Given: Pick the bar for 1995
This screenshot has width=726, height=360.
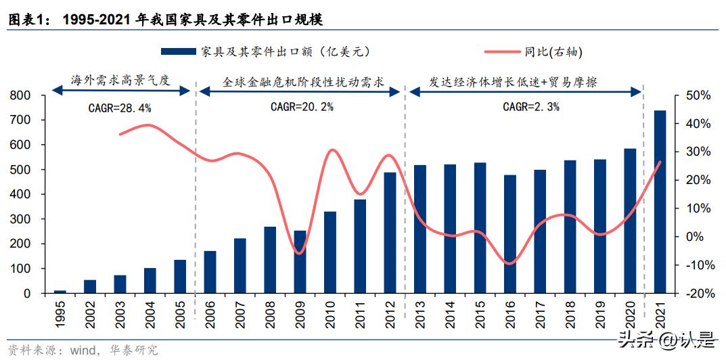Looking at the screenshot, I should [60, 292].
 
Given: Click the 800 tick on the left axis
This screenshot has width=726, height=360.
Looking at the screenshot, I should [21, 95].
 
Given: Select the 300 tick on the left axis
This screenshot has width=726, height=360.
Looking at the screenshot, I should [21, 219].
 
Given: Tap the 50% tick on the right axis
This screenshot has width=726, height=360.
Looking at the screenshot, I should [698, 95].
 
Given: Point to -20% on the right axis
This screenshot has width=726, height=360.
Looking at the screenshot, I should [698, 294].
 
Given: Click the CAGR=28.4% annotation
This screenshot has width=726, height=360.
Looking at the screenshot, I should [120, 108].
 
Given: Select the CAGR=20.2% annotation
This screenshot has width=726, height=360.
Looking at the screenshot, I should [302, 107].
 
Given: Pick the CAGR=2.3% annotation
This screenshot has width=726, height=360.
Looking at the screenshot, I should [530, 107].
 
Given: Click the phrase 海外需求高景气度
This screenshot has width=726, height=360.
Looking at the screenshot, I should [120, 80].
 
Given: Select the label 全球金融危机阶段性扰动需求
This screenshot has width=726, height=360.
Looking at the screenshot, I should [302, 83].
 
